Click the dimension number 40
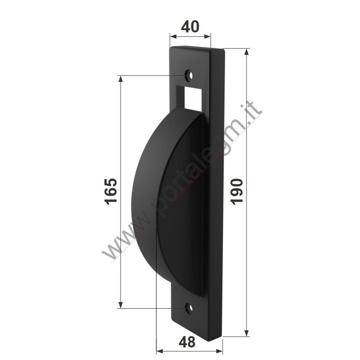[x=190, y=27]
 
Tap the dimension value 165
[x=111, y=192]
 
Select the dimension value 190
[x=237, y=192]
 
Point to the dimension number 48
[x=187, y=342]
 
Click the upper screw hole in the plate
[x=189, y=75]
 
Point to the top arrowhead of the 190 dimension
[x=247, y=52]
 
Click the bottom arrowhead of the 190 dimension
[x=247, y=333]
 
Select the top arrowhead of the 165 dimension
[x=121, y=79]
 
